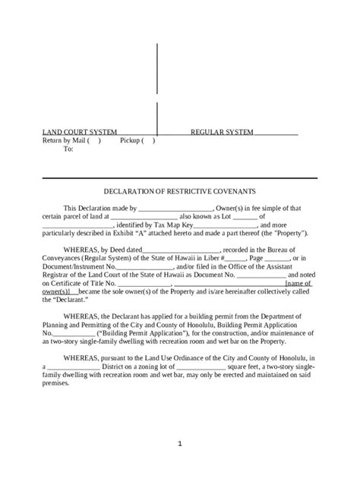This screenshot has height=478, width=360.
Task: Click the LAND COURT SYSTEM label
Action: (68, 132)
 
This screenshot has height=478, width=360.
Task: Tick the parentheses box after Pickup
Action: (148, 140)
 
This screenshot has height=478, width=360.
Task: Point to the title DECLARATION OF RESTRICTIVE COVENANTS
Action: (179, 191)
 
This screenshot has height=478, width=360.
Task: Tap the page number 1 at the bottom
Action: (180, 442)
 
